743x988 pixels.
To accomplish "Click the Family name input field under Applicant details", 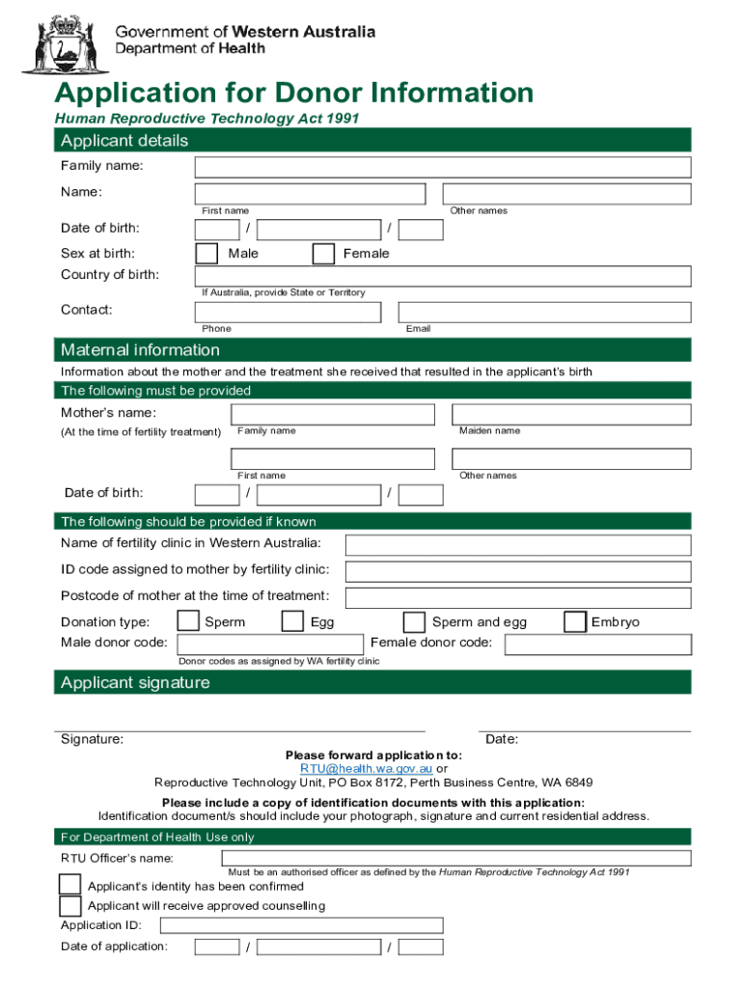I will pyautogui.click(x=443, y=167).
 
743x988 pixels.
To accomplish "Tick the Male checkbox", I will pyautogui.click(x=206, y=254).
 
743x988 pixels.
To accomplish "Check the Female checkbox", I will pyautogui.click(x=323, y=254).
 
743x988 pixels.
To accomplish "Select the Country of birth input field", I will pyautogui.click(x=443, y=276).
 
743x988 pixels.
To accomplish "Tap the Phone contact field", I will pyautogui.click(x=288, y=313).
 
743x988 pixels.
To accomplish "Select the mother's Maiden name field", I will pyautogui.click(x=571, y=414).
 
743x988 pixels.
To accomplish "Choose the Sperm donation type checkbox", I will pyautogui.click(x=189, y=620).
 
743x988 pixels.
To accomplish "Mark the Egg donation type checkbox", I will pyautogui.click(x=292, y=620).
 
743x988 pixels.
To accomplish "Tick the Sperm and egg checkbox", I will pyautogui.click(x=414, y=621).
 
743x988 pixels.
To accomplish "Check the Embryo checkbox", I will pyautogui.click(x=574, y=620).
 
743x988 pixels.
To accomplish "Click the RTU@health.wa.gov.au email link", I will pyautogui.click(x=367, y=769).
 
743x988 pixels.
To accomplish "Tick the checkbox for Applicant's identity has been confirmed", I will pyautogui.click(x=69, y=885).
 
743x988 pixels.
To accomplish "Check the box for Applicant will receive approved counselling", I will pyautogui.click(x=69, y=906).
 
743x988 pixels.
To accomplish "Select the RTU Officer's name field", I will pyautogui.click(x=443, y=858).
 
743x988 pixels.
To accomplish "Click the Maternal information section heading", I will pyautogui.click(x=141, y=350).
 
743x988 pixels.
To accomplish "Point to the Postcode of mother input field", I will pyautogui.click(x=517, y=597).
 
